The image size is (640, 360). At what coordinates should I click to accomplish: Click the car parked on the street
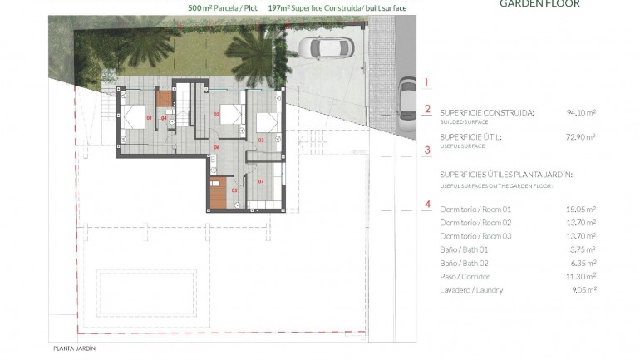407,100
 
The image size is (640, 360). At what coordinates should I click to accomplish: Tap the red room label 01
150,119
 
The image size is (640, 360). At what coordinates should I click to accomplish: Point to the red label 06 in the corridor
216,148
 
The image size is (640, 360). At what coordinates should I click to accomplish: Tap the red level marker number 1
426,82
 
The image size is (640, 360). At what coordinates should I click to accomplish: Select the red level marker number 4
426,205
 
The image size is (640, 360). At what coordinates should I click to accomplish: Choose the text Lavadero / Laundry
471,290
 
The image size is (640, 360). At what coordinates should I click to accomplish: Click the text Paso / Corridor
465,276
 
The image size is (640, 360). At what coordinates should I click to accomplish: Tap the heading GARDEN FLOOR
539,4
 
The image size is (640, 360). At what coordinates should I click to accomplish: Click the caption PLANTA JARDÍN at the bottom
74,348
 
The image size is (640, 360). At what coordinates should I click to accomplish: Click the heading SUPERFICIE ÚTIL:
470,136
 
